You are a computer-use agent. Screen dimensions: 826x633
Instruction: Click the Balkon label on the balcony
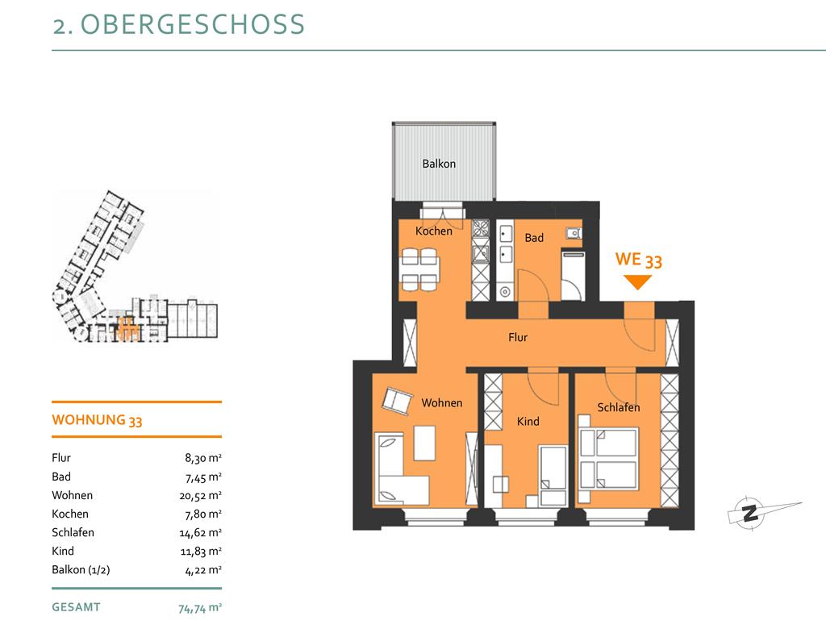coord(439,164)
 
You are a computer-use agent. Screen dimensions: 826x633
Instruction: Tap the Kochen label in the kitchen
coord(433,231)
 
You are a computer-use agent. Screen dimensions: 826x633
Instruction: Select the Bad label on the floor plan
coord(534,238)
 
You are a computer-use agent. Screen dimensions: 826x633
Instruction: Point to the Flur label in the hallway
coord(518,337)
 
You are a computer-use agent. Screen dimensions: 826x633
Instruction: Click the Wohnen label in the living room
coord(442,403)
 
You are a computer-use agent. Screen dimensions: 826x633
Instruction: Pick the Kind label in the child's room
coord(528,421)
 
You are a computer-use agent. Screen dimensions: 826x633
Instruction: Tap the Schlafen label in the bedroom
coord(619,407)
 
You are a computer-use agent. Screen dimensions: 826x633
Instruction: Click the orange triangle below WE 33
coord(637,281)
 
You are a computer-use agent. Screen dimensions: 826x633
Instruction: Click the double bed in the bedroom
coord(609,459)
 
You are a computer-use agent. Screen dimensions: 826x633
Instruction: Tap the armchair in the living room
coord(397,402)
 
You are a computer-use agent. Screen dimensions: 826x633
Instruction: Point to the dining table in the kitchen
coord(419,269)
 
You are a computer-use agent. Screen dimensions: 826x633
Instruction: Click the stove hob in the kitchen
coord(481,228)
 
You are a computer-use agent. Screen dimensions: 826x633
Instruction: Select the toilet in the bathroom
coord(574,233)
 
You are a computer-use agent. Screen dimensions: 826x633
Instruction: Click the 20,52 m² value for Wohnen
coord(200,496)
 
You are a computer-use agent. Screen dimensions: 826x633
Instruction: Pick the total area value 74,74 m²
coord(200,608)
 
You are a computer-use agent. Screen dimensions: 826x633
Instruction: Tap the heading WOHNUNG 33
coord(97,420)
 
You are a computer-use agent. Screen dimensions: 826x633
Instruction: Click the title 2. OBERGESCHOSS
coord(178,24)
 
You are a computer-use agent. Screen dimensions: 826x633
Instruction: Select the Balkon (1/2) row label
coord(81,570)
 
